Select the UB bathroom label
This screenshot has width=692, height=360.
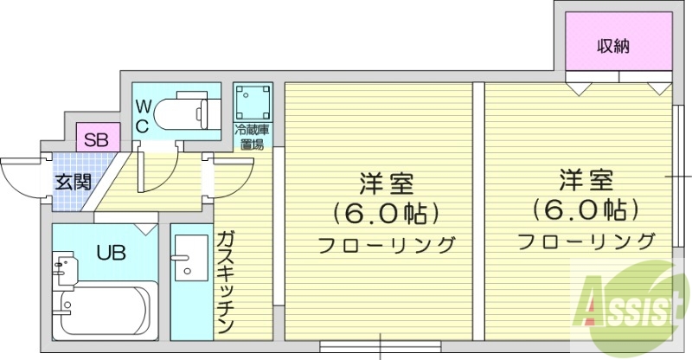(110, 254)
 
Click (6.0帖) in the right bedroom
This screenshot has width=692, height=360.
(585, 209)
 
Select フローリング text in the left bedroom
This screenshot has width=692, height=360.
(386, 245)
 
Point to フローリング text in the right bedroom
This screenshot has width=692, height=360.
(586, 240)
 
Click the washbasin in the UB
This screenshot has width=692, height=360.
(62, 265)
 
